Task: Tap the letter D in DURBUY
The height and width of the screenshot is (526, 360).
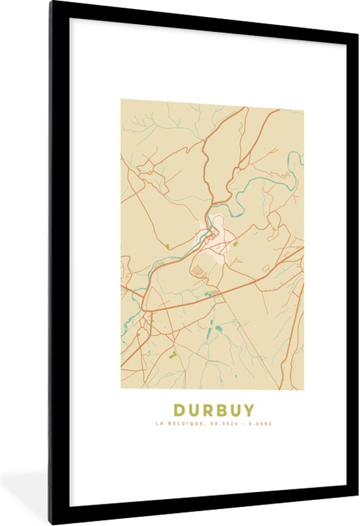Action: tap(179, 410)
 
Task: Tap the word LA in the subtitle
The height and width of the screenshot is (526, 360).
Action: tap(159, 424)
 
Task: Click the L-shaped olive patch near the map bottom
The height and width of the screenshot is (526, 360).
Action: tap(173, 355)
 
